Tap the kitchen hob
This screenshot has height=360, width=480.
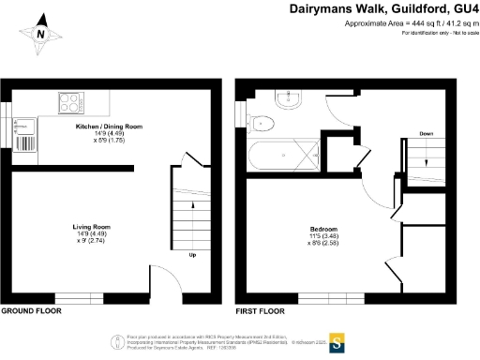(x=70, y=100)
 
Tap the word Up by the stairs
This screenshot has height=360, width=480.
(x=192, y=254)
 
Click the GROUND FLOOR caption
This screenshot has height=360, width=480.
(x=31, y=310)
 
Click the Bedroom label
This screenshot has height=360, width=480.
(x=324, y=228)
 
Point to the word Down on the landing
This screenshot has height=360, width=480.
(x=427, y=134)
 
